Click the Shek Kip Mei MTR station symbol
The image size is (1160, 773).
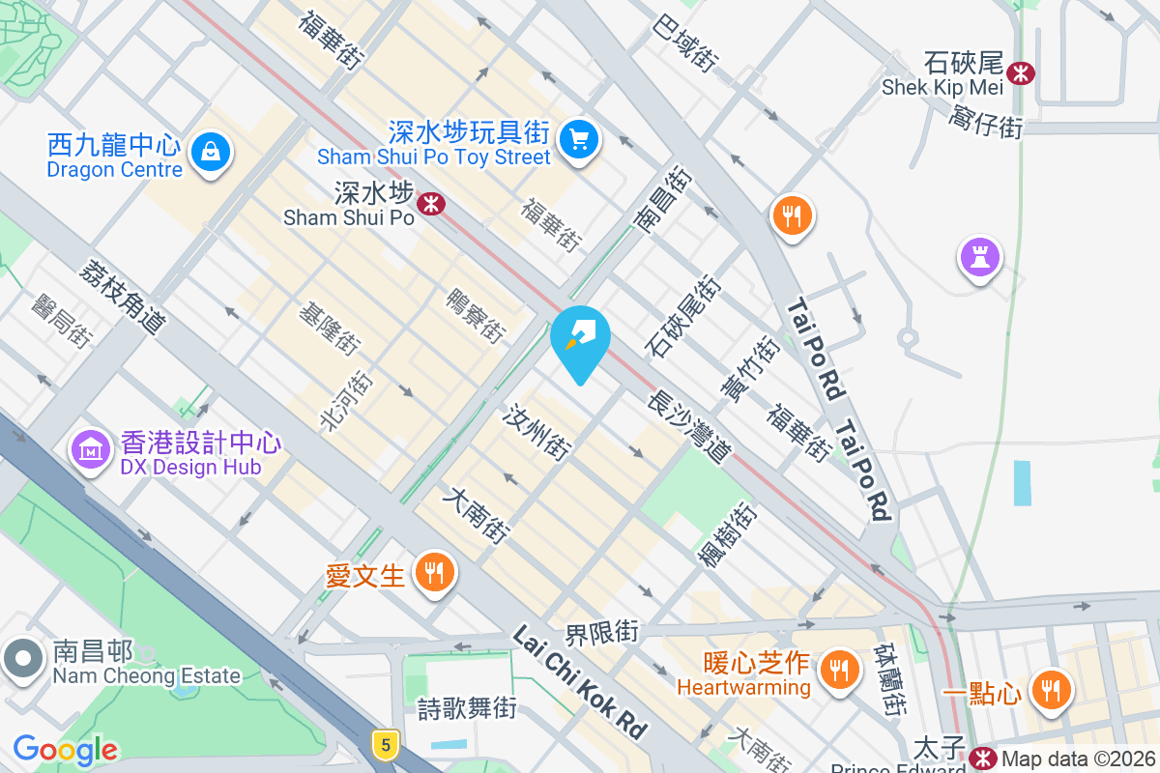click(x=1020, y=72)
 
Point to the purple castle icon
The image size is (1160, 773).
click(x=980, y=257)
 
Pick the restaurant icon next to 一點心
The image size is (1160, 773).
click(x=1050, y=690)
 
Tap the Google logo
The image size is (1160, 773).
click(x=65, y=749)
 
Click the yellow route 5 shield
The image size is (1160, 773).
click(x=386, y=744)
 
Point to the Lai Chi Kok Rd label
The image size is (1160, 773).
click(x=579, y=681)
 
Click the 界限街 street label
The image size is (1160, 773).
click(x=602, y=634)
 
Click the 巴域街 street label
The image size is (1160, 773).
click(x=685, y=42)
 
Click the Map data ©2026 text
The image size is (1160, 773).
click(x=1079, y=759)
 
